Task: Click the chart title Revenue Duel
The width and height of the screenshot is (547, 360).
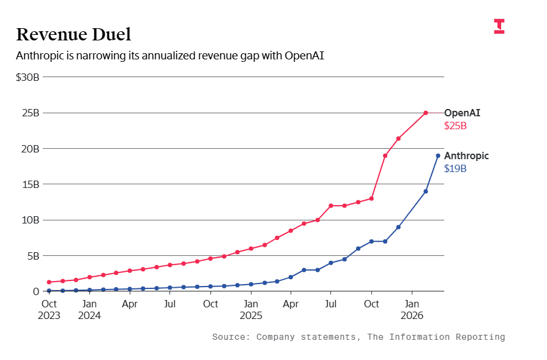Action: click(x=73, y=34)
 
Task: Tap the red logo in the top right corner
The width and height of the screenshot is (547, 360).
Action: click(x=499, y=26)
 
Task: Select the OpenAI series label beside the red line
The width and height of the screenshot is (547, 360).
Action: click(x=462, y=113)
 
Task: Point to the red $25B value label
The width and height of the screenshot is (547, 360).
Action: click(x=455, y=126)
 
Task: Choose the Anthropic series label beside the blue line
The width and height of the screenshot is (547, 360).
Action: click(x=466, y=156)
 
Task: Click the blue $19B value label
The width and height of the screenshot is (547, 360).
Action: click(x=455, y=169)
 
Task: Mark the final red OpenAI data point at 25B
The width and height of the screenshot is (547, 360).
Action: click(x=426, y=113)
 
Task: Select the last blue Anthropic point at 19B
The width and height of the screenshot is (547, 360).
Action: click(x=438, y=156)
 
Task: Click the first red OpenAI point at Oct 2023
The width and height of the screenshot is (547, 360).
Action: click(x=49, y=282)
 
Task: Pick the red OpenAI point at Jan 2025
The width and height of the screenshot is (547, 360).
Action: click(x=251, y=249)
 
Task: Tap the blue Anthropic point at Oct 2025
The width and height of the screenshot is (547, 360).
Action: click(x=371, y=241)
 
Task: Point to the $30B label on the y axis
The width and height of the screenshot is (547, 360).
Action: click(x=28, y=77)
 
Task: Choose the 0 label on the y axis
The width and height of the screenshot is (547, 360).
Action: click(x=35, y=291)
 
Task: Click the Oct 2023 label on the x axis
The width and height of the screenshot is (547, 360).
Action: click(x=49, y=309)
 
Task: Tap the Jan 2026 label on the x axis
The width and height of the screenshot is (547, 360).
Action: click(x=412, y=309)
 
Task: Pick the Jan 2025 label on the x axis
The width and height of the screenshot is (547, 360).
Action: click(x=251, y=309)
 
